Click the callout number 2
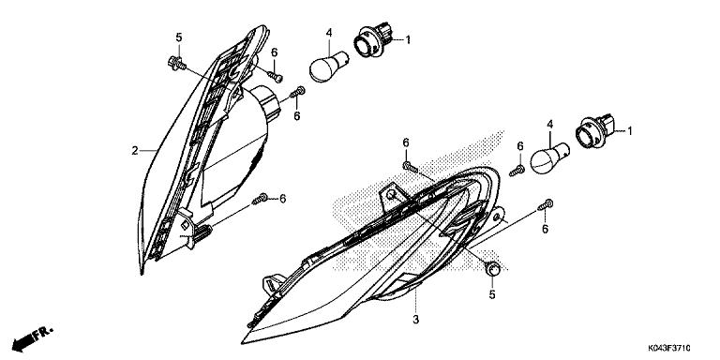(x=135, y=150)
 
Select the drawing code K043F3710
(x=679, y=348)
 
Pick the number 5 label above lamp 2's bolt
(x=177, y=37)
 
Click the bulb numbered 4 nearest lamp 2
(x=324, y=69)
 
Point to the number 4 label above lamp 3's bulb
(x=551, y=124)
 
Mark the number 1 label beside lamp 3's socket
(x=630, y=131)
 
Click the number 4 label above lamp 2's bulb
(x=329, y=34)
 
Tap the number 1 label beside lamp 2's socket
(x=406, y=39)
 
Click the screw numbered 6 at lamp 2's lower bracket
(x=262, y=199)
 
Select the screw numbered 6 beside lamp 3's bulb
(x=517, y=170)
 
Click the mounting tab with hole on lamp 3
(x=389, y=199)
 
